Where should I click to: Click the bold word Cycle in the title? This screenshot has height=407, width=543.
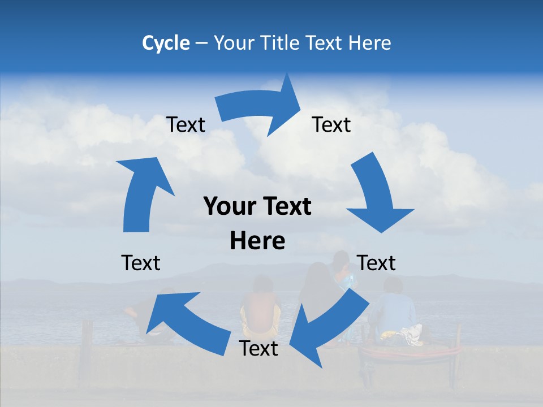pyautogui.click(x=166, y=43)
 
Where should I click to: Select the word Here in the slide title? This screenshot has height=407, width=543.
pyautogui.click(x=370, y=43)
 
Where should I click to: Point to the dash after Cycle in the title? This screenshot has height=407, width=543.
pyautogui.click(x=201, y=44)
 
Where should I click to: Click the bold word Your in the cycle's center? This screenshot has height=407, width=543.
pyautogui.click(x=228, y=207)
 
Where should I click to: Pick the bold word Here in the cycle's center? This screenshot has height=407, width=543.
pyautogui.click(x=257, y=241)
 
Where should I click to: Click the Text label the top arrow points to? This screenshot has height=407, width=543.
pyautogui.click(x=331, y=124)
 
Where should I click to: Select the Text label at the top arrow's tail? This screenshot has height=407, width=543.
pyautogui.click(x=186, y=124)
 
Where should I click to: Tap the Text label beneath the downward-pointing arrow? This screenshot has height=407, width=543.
pyautogui.click(x=377, y=263)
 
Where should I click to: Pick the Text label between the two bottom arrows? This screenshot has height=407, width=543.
pyautogui.click(x=258, y=349)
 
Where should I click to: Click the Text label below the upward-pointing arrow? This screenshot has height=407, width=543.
pyautogui.click(x=141, y=263)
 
